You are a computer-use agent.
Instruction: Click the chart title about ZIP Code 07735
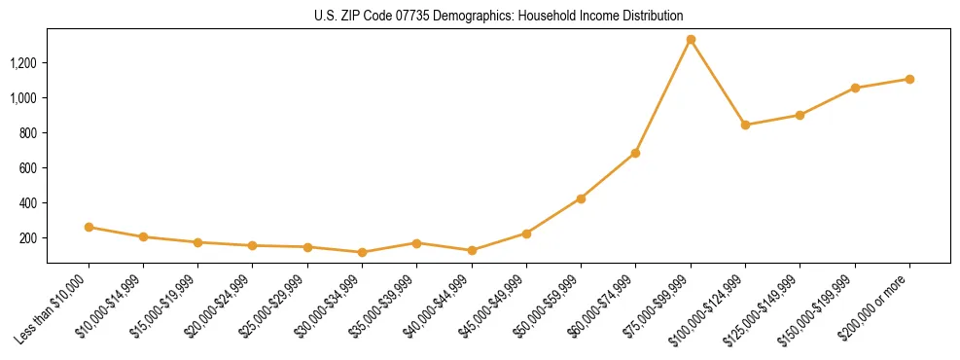coord(498,16)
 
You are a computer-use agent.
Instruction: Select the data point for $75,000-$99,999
coord(691,40)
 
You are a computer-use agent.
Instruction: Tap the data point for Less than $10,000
coord(89,227)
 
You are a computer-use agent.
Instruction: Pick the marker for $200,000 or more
coord(909,79)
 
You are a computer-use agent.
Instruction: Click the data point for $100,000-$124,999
coord(745,125)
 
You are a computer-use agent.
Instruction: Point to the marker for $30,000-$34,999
coord(362,252)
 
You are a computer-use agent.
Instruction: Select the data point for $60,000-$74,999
coord(635,153)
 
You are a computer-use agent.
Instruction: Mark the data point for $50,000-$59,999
coord(581,198)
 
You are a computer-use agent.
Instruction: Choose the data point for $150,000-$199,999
coord(855,88)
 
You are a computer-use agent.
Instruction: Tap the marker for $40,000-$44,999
coord(472,250)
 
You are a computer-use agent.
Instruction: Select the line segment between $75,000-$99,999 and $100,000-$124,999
coord(718,83)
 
